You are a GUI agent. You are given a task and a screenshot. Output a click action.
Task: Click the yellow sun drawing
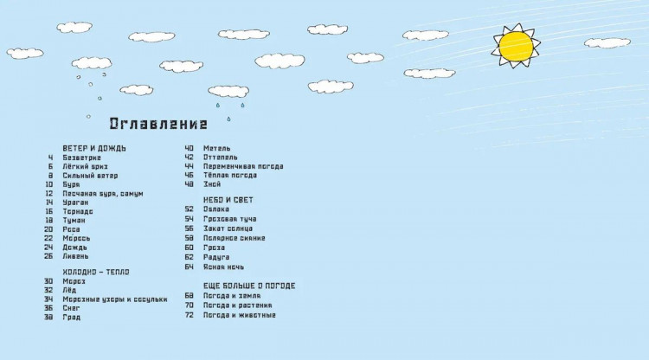coord(516,47)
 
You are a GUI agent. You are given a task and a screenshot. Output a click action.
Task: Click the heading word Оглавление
coord(164,123)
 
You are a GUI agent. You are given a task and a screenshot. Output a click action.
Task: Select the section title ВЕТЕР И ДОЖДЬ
coord(94,148)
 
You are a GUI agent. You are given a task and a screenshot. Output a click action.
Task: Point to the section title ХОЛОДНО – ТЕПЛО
coord(97,272)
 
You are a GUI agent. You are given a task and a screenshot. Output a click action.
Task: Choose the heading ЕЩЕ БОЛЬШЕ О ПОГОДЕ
coord(249,286)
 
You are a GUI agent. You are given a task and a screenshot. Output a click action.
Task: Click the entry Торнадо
coord(79,211)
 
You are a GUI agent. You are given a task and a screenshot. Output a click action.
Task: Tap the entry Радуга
coord(215,257)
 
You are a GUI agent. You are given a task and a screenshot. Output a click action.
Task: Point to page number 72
coord(189,314)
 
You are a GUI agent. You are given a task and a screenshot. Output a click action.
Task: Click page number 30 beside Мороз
coord(48,281)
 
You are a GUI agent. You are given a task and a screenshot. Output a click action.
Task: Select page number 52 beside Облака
coord(189,209)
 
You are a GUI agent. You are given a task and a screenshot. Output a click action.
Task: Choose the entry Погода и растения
coord(238,305)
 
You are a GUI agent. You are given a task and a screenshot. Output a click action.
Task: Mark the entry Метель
coord(216,148)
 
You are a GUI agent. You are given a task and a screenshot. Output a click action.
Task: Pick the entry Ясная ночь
coord(222,267)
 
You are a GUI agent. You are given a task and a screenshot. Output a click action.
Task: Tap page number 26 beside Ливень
coord(48,256)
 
